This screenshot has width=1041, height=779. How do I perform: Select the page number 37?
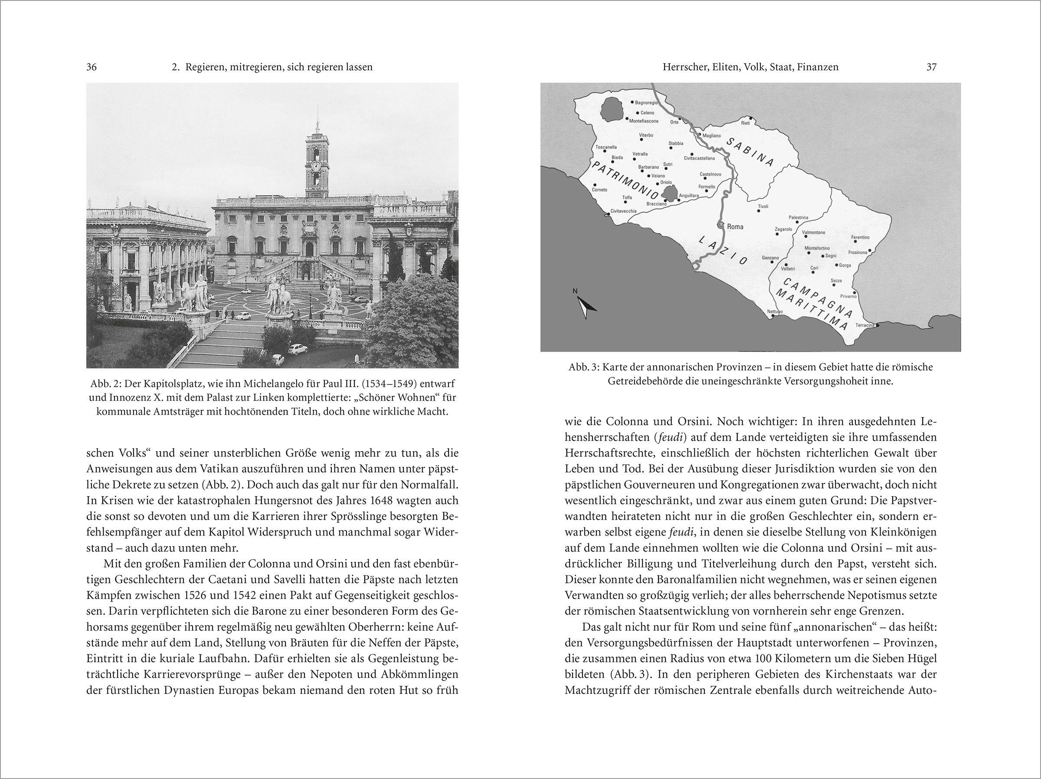click(x=931, y=67)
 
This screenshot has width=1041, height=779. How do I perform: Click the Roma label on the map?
click(x=735, y=226)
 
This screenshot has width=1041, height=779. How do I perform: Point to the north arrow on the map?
click(x=584, y=305)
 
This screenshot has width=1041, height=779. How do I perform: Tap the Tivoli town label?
click(x=763, y=206)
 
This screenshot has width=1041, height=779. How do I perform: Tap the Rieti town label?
click(x=745, y=123)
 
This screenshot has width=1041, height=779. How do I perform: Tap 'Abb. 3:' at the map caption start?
click(x=583, y=367)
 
